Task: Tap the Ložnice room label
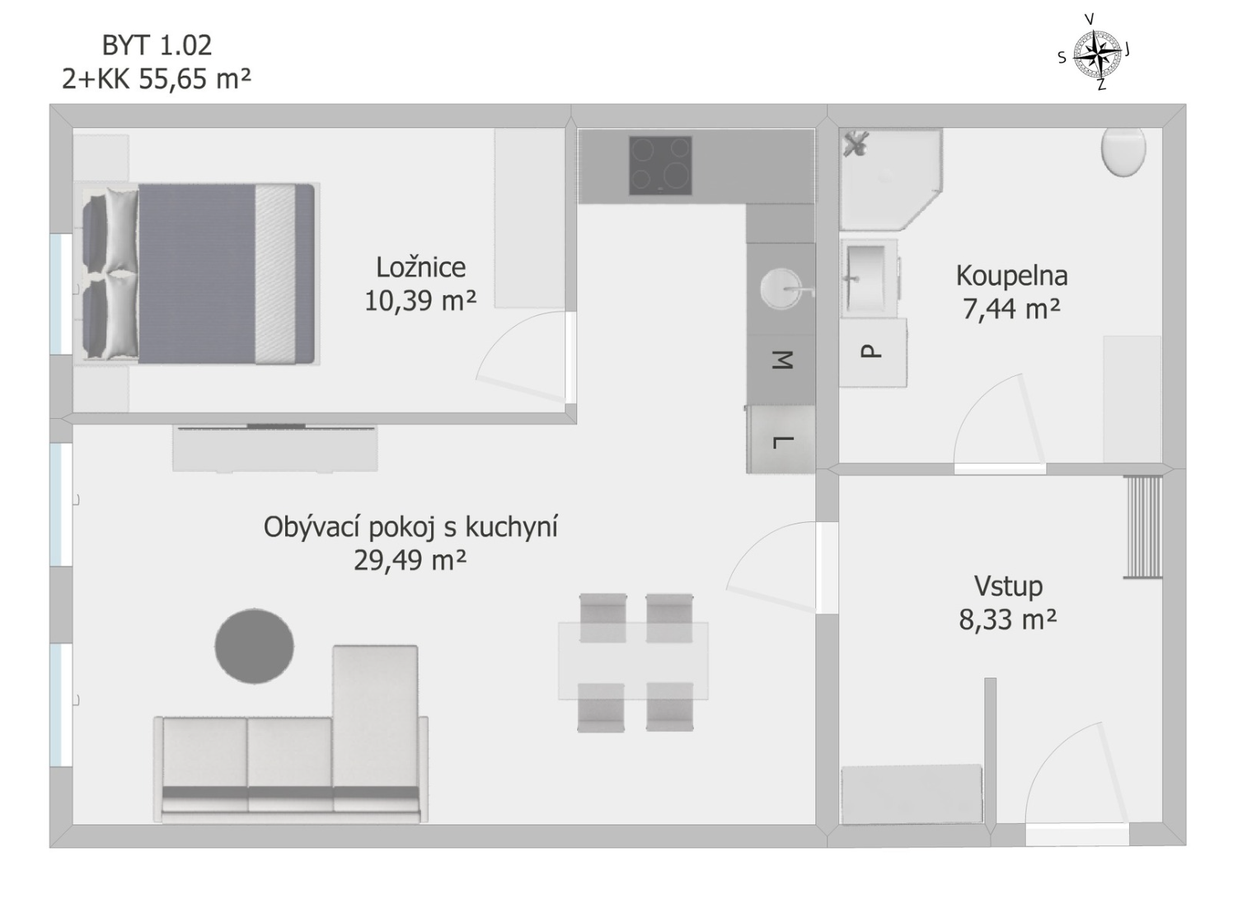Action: coord(420,268)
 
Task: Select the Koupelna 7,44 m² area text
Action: coord(1011,292)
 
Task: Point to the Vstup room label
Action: coord(1009,586)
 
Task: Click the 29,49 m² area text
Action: coord(410,561)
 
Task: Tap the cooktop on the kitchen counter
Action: coord(660,166)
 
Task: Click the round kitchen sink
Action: coord(781,289)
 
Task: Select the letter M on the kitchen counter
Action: coord(782,360)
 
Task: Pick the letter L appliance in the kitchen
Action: coord(781,440)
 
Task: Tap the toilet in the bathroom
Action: coord(1123,151)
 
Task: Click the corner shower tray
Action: coord(889,180)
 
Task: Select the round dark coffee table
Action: coord(255,646)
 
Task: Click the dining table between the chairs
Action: coord(633,661)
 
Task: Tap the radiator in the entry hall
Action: coord(1142,526)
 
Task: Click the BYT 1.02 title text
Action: coord(157,45)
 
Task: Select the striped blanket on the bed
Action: coord(275,274)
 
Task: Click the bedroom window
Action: coord(60,294)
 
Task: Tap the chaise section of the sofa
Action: coord(375,716)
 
